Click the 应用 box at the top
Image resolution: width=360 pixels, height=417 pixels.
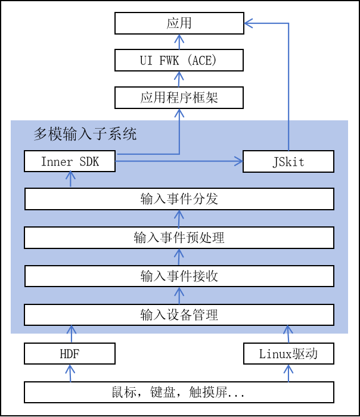[179, 24]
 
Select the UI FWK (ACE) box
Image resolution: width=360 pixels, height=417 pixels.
[179, 60]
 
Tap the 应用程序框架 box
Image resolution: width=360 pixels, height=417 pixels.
[179, 97]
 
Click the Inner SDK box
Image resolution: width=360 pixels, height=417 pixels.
[70, 161]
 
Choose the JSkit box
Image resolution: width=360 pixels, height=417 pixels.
[288, 161]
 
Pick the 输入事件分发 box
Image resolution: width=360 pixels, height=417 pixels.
[179, 199]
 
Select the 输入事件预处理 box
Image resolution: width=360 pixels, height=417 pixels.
[179, 238]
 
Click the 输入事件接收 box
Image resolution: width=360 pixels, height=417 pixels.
[179, 276]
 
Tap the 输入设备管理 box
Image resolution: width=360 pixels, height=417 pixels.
[179, 315]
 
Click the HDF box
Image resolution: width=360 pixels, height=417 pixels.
[70, 354]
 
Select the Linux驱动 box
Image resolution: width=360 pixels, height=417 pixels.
[288, 354]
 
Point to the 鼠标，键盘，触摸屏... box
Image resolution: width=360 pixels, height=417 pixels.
[179, 393]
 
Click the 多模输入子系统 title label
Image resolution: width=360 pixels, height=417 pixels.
[85, 134]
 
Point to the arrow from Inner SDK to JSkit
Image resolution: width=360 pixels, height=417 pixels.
[179, 160]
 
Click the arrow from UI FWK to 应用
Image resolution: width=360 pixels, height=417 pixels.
[179, 42]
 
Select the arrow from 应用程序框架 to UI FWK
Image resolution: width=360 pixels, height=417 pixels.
[179, 79]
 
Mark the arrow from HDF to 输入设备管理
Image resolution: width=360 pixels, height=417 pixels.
[72, 334]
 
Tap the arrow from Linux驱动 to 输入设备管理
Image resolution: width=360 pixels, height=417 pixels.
[288, 334]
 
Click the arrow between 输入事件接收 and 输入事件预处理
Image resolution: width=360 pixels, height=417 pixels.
[179, 257]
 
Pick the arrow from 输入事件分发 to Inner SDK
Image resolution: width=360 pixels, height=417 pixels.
[71, 179]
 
